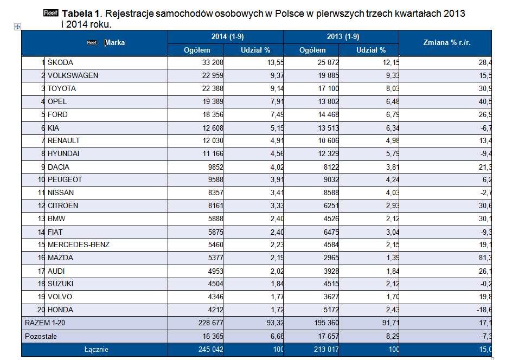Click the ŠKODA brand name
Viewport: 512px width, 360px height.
[x=60, y=62]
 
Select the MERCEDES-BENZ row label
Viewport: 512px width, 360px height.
[x=78, y=245]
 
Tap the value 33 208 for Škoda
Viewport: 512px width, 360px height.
[x=213, y=62]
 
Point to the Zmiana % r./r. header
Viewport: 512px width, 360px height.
[x=447, y=42]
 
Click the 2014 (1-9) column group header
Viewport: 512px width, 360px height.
[x=228, y=36]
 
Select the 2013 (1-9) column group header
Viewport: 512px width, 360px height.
[x=343, y=36]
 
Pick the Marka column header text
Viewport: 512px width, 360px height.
[x=115, y=42]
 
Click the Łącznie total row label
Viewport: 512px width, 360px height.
[x=97, y=350]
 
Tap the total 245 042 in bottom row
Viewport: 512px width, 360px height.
[x=210, y=350]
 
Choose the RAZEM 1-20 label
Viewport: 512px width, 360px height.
[x=44, y=323]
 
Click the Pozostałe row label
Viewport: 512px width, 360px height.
[x=41, y=336]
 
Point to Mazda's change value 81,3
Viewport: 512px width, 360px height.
[x=485, y=258]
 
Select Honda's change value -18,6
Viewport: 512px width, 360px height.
[x=484, y=310]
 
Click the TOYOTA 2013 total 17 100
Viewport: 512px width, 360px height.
[x=329, y=88]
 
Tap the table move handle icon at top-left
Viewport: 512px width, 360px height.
[x=18, y=27]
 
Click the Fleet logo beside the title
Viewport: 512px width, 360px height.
[x=50, y=13]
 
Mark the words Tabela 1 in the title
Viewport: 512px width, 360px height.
[x=80, y=14]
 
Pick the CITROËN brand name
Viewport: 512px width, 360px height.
[x=63, y=205]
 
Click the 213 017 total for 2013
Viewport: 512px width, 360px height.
[x=326, y=350]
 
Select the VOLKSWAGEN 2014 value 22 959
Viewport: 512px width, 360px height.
[x=213, y=75]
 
